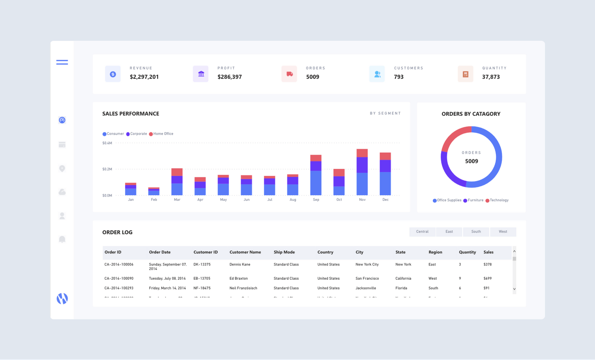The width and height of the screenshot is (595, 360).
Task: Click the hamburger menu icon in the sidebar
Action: tap(62, 62)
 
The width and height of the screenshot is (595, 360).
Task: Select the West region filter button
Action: tap(503, 232)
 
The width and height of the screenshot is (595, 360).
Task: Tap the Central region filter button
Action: tap(422, 232)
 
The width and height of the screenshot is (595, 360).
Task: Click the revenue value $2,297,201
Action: tap(144, 77)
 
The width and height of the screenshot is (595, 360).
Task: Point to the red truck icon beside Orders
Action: tap(289, 74)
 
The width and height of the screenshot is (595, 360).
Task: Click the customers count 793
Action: tap(399, 77)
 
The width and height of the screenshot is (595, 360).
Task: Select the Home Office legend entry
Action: tap(161, 134)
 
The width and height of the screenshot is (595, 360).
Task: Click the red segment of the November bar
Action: tap(362, 153)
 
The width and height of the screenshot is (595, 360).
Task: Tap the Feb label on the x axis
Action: tap(154, 200)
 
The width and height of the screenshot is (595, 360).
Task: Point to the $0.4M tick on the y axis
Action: tap(107, 143)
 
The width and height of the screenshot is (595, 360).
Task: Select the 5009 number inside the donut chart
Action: tap(472, 161)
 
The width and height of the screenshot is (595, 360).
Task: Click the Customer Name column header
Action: tap(245, 252)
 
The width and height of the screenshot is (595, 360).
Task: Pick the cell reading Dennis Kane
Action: tap(240, 264)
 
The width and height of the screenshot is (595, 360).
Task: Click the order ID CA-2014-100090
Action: tap(119, 278)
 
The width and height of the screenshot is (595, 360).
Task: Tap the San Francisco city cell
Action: tap(367, 278)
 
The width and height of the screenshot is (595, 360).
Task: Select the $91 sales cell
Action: tap(486, 288)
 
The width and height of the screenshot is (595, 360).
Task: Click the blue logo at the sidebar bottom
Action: tap(62, 298)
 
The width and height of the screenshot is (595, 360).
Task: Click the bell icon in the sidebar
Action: tap(62, 239)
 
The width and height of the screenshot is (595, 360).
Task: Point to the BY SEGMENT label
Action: tap(385, 113)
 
